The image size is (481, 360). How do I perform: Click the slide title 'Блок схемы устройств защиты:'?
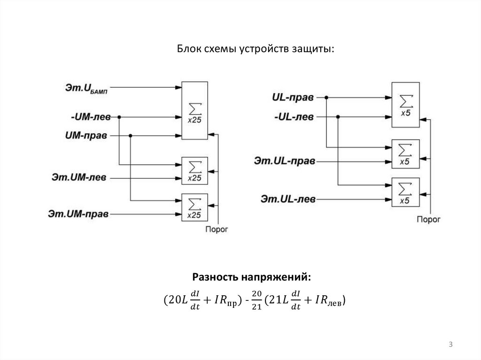[255, 49]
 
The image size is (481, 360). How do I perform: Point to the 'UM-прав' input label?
[86, 136]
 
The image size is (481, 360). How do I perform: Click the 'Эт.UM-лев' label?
[79, 177]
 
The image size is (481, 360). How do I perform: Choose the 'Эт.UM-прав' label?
[78, 214]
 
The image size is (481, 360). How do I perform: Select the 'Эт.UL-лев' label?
[287, 199]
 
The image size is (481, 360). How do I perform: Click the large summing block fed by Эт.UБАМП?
[194, 110]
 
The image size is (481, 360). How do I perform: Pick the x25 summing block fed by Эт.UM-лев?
[194, 170]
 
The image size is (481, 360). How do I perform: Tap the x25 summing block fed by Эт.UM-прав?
[194, 207]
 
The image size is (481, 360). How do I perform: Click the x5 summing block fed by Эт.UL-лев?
[404, 191]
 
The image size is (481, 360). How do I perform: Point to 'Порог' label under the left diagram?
[217, 230]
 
